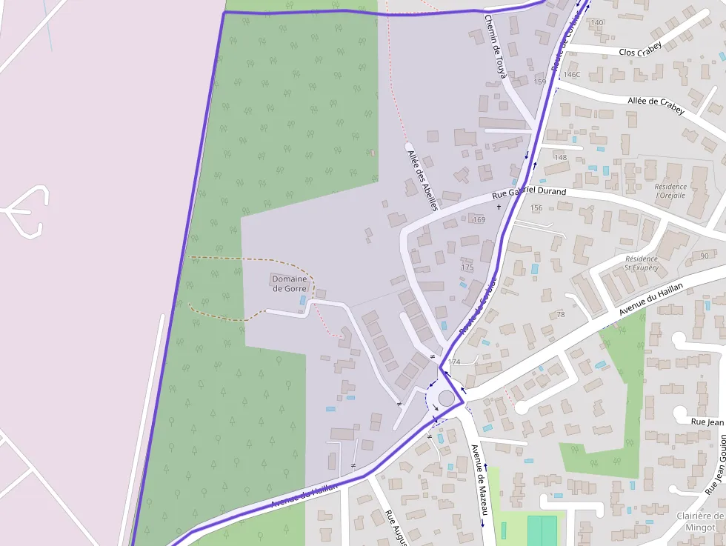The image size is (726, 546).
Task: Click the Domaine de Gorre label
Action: pyautogui.click(x=290, y=284)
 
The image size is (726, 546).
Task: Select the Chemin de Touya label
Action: pyautogui.click(x=495, y=46)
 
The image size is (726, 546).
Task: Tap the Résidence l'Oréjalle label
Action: pyautogui.click(x=671, y=191)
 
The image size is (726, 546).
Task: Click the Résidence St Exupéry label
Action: pyautogui.click(x=642, y=263)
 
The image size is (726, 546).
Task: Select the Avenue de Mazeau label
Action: pyautogui.click(x=479, y=479)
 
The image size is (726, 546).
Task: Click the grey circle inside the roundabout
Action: pyautogui.click(x=447, y=399)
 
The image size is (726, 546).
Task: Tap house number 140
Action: pyautogui.click(x=597, y=23)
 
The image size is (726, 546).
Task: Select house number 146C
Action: pyautogui.click(x=572, y=75)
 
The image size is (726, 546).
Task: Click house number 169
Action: pyautogui.click(x=479, y=220)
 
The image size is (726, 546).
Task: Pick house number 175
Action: pyautogui.click(x=467, y=267)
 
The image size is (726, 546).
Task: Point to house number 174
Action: pyautogui.click(x=454, y=362)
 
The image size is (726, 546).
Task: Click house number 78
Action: pyautogui.click(x=561, y=315)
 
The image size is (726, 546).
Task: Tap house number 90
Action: pyautogui.click(x=703, y=256)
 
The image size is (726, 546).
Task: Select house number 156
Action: pyautogui.click(x=536, y=208)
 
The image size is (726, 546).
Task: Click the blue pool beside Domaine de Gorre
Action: pyautogui.click(x=302, y=301)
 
